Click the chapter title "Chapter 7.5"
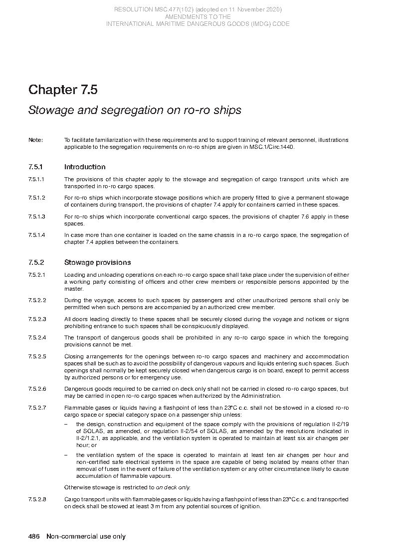coord(63,90)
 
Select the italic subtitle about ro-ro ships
coord(135,110)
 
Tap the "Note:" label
coord(36,140)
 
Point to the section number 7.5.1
coord(36,167)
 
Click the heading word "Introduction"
coord(85,167)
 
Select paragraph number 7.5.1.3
coord(37,217)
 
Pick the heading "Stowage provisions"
coord(97,262)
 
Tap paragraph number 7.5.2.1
coord(37,275)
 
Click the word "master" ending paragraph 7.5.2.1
coord(73,289)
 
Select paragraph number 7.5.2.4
coord(37,337)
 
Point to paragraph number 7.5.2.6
coord(37,389)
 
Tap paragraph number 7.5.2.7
coord(37,408)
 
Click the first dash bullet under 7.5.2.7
coord(66,424)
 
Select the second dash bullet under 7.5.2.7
coord(66,455)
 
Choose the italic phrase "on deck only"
coord(173,487)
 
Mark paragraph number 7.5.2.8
coord(37,499)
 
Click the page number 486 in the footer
coord(34,537)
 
